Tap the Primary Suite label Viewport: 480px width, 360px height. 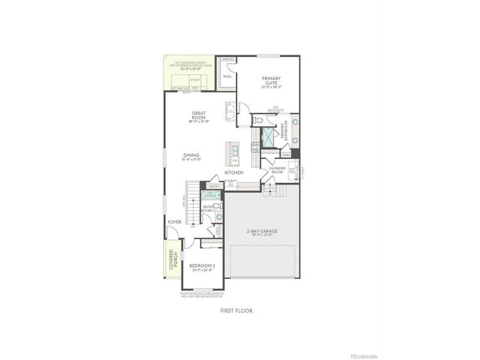pyautogui.click(x=271, y=80)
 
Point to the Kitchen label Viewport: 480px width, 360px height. pyautogui.click(x=233, y=172)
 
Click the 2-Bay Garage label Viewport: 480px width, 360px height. pyautogui.click(x=262, y=232)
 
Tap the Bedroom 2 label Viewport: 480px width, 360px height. pyautogui.click(x=202, y=267)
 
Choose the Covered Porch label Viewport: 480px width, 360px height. pyautogui.click(x=172, y=260)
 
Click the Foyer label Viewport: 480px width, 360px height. pyautogui.click(x=174, y=222)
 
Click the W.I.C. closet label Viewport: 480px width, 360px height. pyautogui.click(x=226, y=74)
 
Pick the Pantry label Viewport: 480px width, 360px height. pyautogui.click(x=214, y=187)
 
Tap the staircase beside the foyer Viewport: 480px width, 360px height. pyautogui.click(x=193, y=202)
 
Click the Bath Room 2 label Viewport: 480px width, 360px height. pyautogui.click(x=208, y=209)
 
